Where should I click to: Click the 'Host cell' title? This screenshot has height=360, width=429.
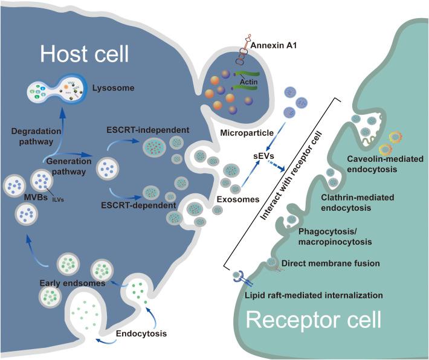pyautogui.click(x=85, y=56)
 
